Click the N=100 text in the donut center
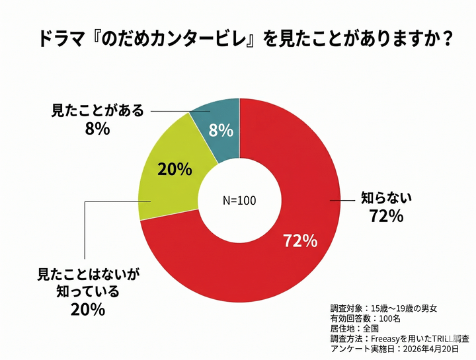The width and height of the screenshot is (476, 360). click(x=239, y=200)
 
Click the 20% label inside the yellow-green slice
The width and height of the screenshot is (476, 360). click(x=175, y=169)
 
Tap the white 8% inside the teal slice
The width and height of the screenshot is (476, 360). click(x=221, y=131)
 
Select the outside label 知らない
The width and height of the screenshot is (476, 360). click(x=385, y=196)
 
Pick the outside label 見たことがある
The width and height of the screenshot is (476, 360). click(x=97, y=110)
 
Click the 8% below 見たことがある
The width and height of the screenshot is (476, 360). click(x=97, y=128)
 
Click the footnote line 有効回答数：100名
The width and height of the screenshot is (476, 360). click(x=366, y=318)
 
